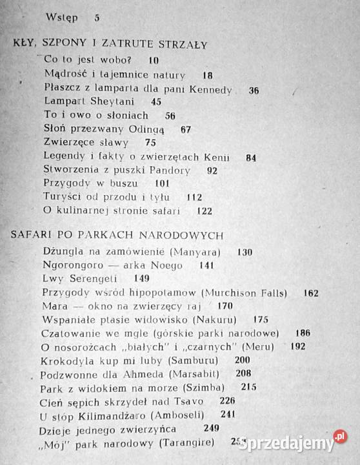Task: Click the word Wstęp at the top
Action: coord(63,17)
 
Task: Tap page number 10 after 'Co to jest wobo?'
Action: coord(153,60)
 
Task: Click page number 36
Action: coord(254,90)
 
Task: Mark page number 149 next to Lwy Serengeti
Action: coord(142,278)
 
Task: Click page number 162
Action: coord(310,293)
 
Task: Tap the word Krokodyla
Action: coord(68,360)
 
